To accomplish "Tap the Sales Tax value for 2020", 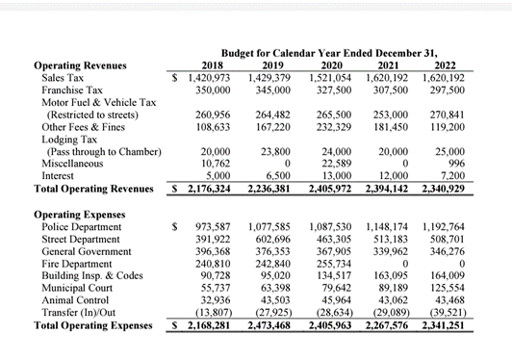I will [x=330, y=76].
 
